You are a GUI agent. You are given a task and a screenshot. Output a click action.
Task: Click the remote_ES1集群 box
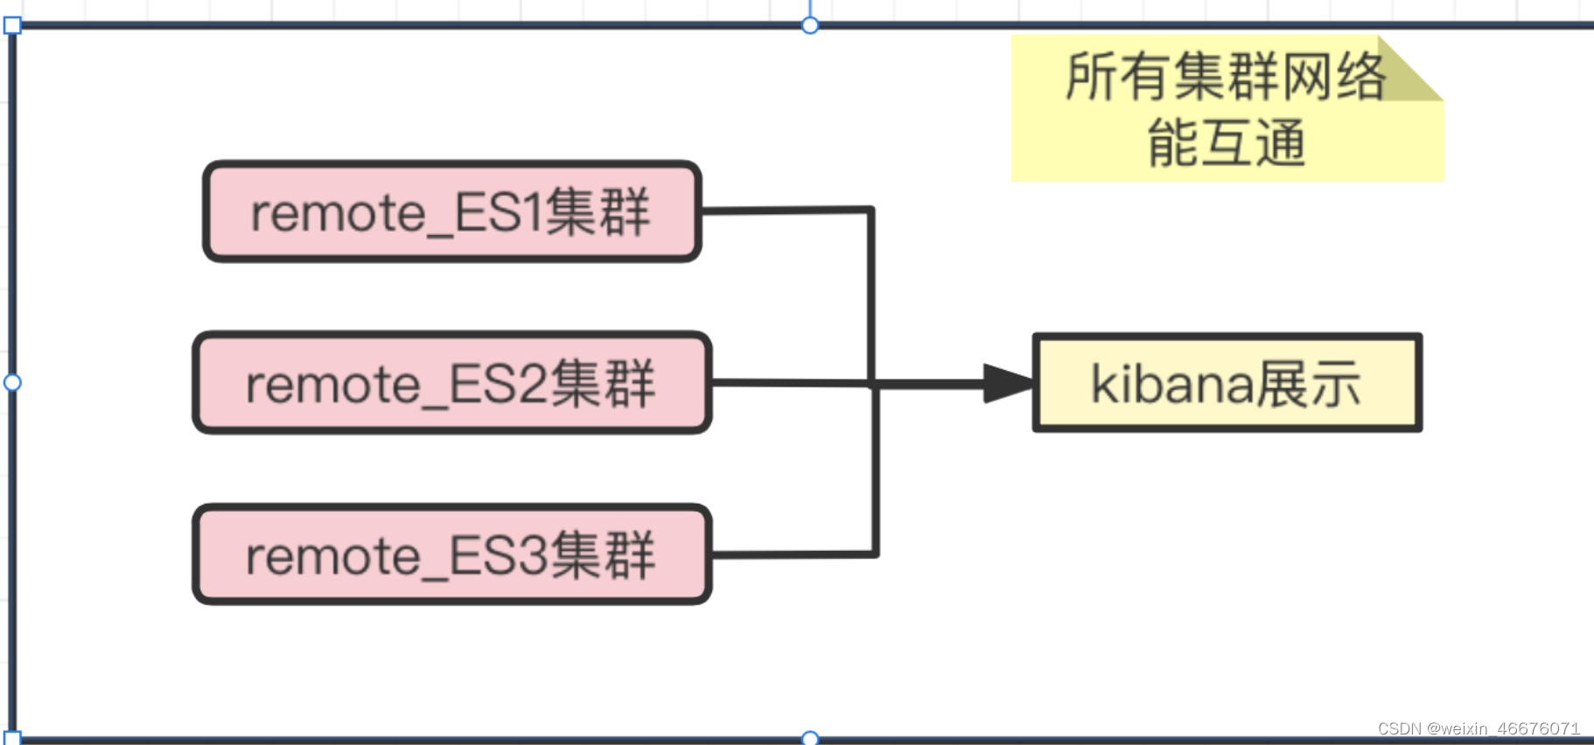(451, 212)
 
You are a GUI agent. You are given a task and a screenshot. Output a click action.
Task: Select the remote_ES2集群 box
(451, 383)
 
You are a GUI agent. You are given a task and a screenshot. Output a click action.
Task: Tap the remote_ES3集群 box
(451, 554)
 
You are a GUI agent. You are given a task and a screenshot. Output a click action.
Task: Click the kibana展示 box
(1227, 383)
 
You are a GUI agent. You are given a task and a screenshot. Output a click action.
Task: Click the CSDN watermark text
(1479, 728)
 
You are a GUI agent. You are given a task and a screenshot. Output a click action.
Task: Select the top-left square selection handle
(12, 25)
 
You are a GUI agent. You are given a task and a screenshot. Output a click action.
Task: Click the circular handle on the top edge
(810, 25)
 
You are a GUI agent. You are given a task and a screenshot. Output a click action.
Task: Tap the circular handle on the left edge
(12, 382)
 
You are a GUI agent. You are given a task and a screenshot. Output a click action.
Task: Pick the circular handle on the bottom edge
(810, 738)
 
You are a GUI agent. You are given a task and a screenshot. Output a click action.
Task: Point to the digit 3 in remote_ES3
(535, 555)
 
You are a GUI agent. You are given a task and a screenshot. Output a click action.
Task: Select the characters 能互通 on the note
(1227, 143)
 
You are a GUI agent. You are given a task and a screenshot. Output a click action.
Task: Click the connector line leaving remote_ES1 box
(787, 210)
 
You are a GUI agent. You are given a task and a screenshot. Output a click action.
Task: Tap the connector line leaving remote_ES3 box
(792, 554)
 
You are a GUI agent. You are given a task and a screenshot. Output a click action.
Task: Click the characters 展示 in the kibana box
(1309, 383)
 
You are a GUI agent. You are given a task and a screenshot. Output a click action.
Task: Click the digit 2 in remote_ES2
(535, 384)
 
